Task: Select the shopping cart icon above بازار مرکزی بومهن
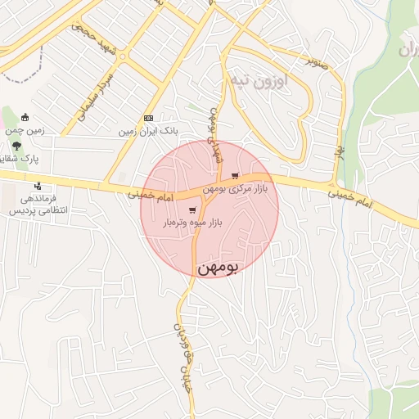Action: coord(236,176)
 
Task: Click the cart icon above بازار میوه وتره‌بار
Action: coord(191,209)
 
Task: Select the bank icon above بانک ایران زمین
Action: coord(148,118)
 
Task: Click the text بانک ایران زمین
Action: coord(148,131)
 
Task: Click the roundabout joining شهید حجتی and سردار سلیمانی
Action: coord(121,56)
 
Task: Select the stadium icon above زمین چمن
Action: coord(25,116)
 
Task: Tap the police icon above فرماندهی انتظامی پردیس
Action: coord(37,186)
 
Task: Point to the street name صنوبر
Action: coord(318,60)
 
